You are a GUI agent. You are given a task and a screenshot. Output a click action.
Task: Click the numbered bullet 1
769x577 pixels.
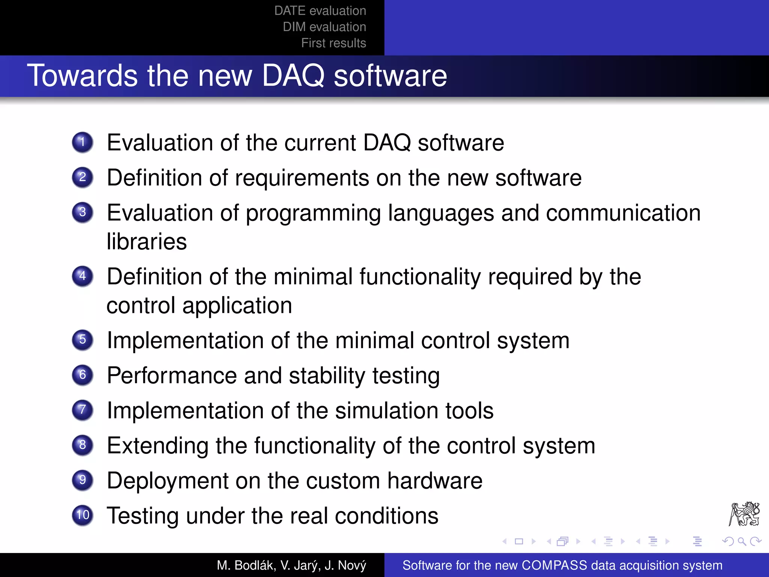83,142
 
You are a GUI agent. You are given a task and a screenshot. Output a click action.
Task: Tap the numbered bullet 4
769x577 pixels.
83,276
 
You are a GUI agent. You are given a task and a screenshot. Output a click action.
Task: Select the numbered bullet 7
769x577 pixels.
83,410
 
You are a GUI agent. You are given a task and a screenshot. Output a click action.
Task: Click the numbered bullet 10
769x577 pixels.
83,515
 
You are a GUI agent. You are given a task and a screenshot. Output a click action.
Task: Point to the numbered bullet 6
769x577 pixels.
83,375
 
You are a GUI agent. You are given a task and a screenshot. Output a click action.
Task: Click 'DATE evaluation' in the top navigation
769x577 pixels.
320,11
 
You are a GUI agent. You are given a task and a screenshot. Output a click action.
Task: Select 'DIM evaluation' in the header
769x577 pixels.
324,27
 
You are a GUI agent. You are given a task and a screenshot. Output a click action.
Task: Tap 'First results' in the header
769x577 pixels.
333,43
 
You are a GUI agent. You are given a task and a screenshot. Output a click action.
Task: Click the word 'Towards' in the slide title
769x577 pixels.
83,76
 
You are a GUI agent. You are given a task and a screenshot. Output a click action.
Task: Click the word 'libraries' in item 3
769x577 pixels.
146,242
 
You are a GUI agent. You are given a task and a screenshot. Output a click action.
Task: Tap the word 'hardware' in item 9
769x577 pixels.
435,481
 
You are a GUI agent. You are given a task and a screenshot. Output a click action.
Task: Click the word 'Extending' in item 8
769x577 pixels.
158,446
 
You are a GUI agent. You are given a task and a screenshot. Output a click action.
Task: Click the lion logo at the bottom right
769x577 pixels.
744,514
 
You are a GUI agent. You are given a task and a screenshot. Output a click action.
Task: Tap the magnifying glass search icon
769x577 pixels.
742,541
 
